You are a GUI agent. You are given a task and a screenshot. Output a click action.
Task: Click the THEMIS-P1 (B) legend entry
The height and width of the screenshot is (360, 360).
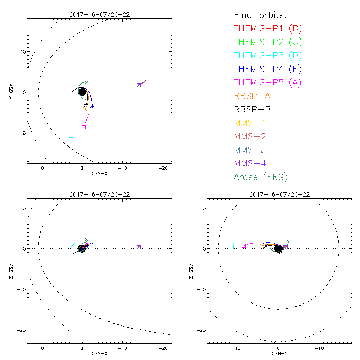tap(268, 29)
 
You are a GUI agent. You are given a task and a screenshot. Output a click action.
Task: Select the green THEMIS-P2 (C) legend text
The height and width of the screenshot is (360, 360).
tap(268, 42)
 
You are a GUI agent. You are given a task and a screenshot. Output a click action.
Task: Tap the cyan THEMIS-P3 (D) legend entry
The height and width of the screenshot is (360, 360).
tap(268, 56)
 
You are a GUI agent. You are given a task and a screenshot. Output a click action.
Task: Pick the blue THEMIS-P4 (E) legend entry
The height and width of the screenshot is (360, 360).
tap(268, 69)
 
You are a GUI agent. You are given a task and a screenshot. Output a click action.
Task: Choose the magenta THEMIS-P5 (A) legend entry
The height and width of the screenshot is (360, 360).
tap(268, 83)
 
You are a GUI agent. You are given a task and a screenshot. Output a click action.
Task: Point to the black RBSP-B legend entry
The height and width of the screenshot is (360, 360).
tap(252, 109)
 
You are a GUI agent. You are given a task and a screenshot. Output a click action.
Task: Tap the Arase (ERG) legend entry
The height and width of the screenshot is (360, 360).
tap(261, 177)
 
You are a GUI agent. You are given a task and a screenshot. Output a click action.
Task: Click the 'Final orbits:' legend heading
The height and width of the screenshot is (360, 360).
tap(260, 15)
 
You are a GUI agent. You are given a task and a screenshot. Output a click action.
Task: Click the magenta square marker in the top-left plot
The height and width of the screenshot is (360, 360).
tap(84, 127)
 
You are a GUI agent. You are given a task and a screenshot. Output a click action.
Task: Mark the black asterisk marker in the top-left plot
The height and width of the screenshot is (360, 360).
tap(86, 104)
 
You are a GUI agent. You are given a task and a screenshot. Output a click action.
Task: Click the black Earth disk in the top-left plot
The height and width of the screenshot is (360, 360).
tap(82, 92)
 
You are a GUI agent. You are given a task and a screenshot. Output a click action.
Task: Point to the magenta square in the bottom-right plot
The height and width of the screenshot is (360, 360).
tap(243, 246)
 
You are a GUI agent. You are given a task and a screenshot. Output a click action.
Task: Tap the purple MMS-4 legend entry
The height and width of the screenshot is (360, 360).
tap(250, 164)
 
